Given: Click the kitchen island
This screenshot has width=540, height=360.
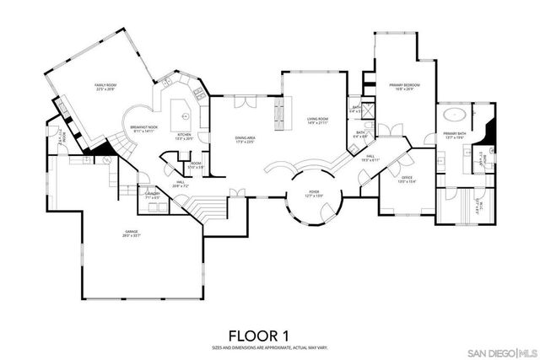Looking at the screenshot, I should tap(183, 112).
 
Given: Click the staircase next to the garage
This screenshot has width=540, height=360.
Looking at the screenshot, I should tap(205, 206).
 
